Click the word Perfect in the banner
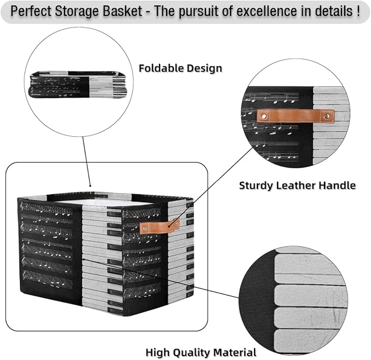pos(31,11)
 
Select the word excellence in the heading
pos(267,11)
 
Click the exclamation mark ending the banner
pos(358,11)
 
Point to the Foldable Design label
pos(180,68)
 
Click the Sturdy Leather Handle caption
pos(297,185)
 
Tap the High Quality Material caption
pos(201,352)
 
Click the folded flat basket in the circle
pos(78,84)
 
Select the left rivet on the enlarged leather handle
pos(264,117)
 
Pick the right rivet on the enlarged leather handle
pos(328,116)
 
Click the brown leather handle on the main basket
pos(160,227)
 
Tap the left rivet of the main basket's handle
pos(145,229)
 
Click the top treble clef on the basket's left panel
pos(21,206)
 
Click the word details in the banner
pos(333,11)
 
